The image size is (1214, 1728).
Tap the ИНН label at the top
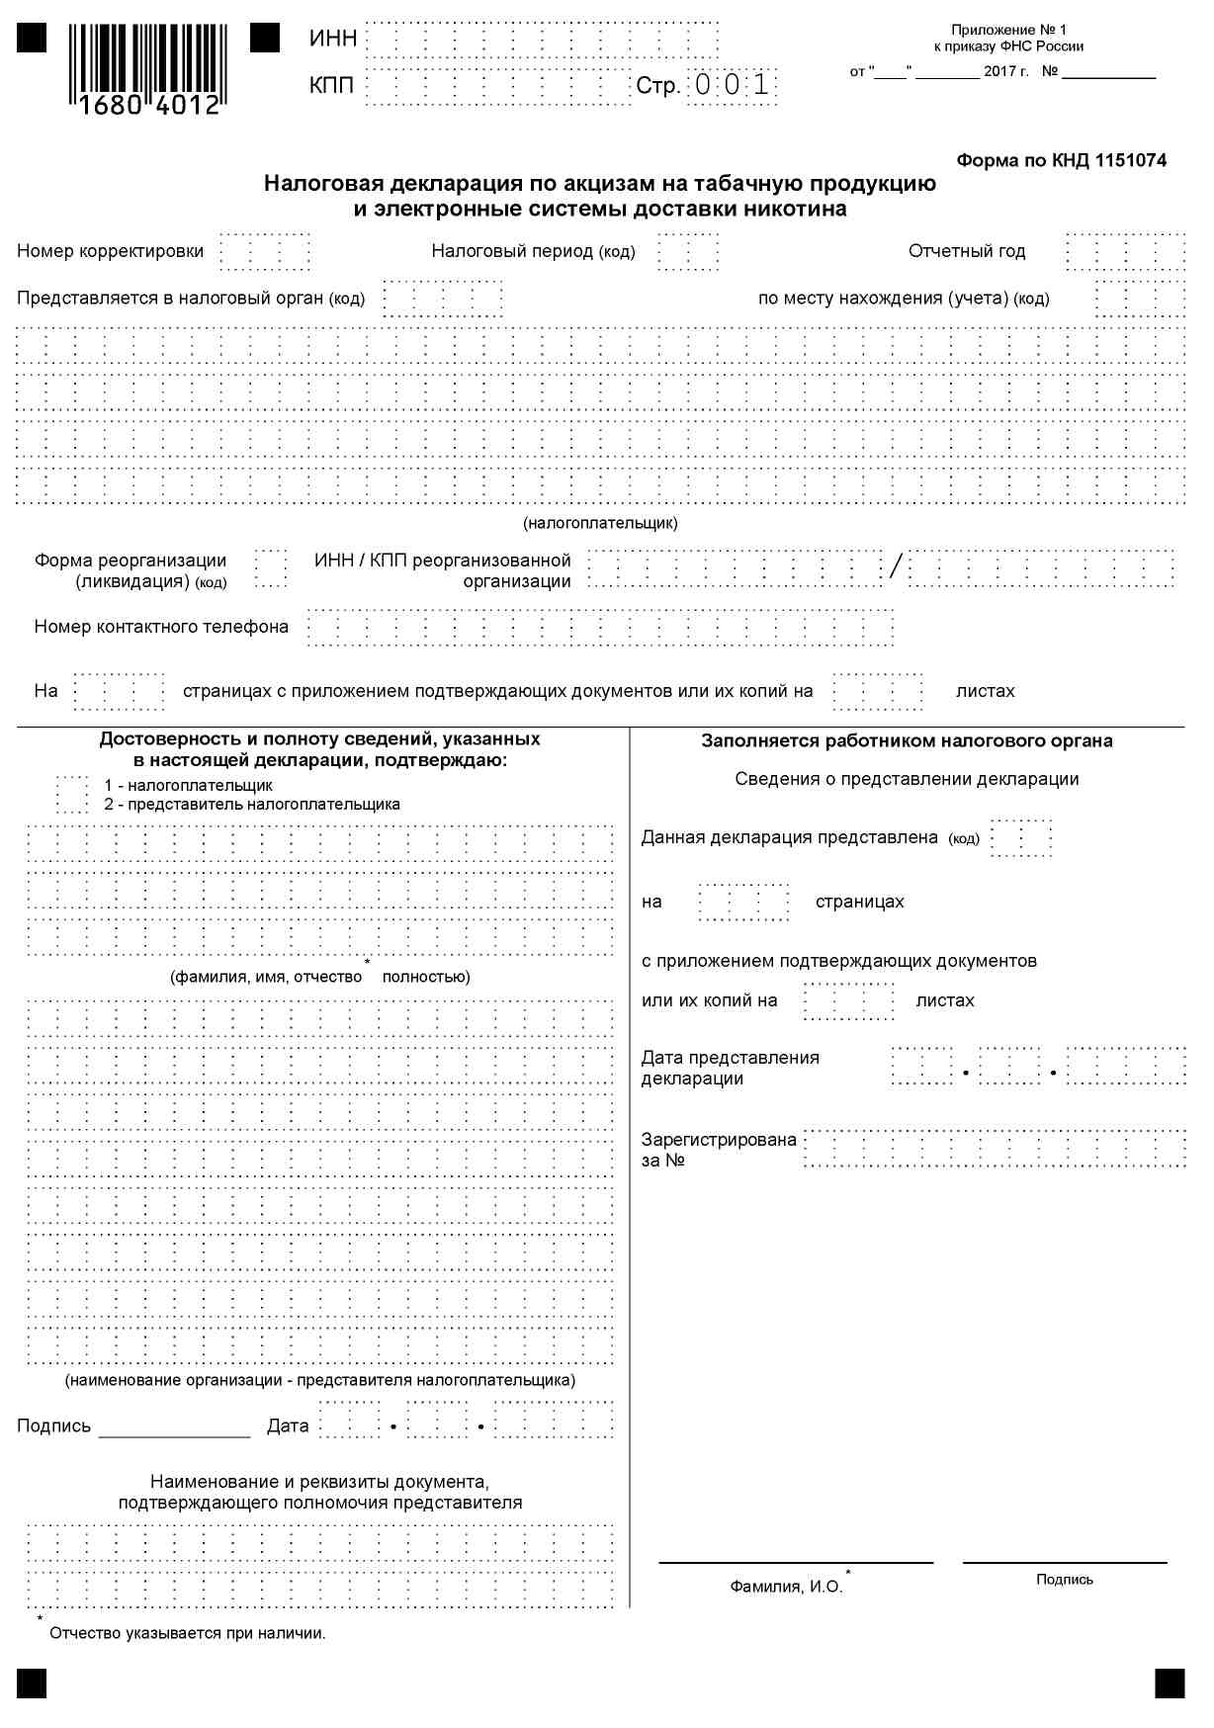coord(332,40)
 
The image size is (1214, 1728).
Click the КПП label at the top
coord(331,86)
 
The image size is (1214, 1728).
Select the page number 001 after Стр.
coord(732,86)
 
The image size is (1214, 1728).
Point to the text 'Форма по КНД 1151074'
coord(1061,160)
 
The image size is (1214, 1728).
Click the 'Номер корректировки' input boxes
coord(265,252)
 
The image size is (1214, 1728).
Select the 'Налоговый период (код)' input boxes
coord(688,252)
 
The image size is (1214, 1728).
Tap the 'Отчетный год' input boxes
coord(1125,252)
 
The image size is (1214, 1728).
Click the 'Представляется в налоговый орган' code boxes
coord(442,299)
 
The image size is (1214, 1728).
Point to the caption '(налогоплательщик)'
coord(600,523)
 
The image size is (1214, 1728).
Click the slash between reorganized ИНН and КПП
coord(896,567)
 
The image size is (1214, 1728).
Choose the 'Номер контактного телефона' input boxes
coord(600,628)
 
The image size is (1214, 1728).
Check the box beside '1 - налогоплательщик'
coord(72,795)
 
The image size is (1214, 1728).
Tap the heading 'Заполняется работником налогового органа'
coord(907,741)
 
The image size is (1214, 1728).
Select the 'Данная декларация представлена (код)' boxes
coord(1020,838)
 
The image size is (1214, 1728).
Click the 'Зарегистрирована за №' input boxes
coord(994,1149)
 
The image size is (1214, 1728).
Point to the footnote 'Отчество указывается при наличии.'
coord(188,1633)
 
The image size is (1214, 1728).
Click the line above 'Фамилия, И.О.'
coord(796,1562)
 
